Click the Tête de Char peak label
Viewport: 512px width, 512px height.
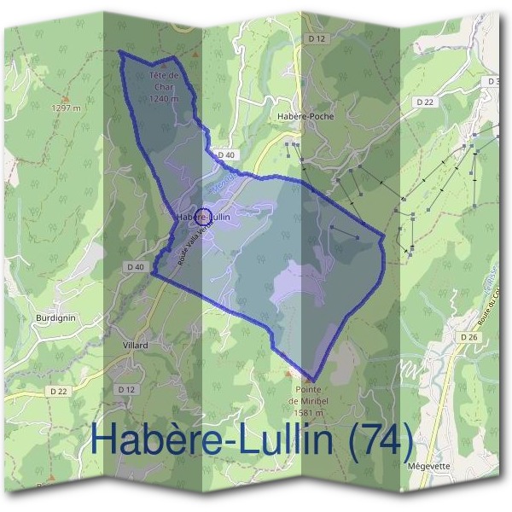coord(162,82)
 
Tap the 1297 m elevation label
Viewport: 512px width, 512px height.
coord(66,108)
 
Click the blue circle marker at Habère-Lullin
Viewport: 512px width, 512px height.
coord(203,217)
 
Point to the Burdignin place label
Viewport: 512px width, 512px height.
coord(55,317)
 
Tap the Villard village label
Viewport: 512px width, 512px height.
coord(135,346)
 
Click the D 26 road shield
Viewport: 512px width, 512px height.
coord(468,337)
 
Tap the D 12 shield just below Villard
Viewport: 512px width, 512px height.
coord(126,389)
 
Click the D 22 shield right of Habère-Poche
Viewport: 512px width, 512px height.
coord(425,102)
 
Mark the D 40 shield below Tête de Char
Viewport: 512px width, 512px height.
coord(226,154)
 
